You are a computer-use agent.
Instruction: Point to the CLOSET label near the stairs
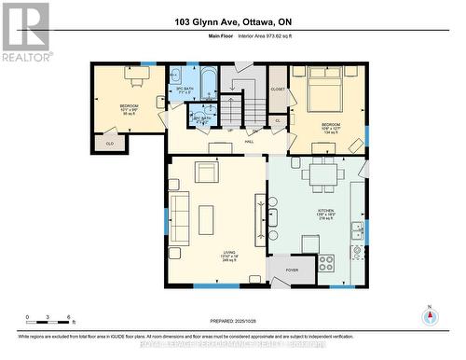click(278, 89)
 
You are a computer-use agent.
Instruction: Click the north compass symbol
click(429, 315)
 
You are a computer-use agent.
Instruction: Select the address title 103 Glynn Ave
click(232, 22)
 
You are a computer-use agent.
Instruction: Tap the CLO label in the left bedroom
click(109, 144)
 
